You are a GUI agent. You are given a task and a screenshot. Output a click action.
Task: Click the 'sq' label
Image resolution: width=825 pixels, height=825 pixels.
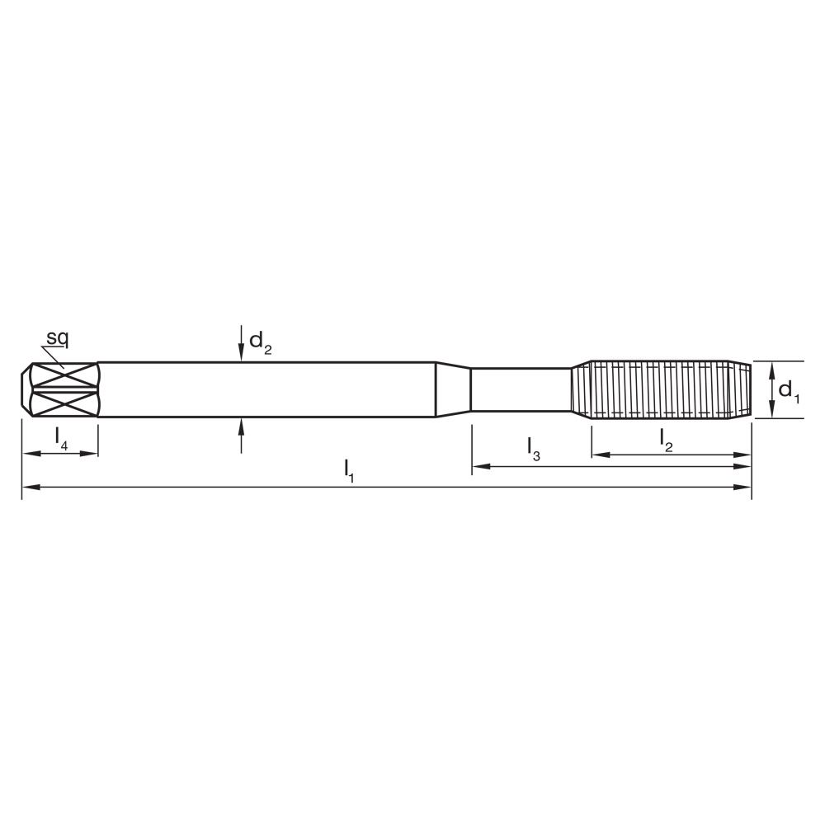(x=57, y=337)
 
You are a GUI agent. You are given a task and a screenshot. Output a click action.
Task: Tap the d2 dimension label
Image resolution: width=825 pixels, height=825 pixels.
(x=259, y=342)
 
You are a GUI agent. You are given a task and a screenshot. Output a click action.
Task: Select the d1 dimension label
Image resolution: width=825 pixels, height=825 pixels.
(x=789, y=390)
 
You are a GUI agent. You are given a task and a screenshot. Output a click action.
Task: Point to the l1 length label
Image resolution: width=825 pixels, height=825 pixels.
(x=349, y=470)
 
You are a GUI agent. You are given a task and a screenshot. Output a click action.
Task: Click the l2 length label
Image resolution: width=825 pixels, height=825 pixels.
(x=667, y=441)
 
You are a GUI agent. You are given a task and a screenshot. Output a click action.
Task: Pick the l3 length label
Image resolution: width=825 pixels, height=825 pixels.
(x=533, y=449)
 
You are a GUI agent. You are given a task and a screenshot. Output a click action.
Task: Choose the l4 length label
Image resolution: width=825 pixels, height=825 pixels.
(x=61, y=437)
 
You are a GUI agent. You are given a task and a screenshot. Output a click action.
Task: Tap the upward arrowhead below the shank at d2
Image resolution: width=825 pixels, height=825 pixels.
(x=241, y=424)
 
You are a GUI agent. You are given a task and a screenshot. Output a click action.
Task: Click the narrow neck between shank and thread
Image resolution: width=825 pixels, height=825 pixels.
(x=520, y=389)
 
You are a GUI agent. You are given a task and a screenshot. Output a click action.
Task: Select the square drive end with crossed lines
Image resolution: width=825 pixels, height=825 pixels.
(x=62, y=389)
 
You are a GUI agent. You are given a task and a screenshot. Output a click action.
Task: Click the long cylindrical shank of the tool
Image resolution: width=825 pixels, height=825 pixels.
(x=264, y=389)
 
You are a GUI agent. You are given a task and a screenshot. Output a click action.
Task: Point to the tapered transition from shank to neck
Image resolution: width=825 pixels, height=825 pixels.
(x=453, y=389)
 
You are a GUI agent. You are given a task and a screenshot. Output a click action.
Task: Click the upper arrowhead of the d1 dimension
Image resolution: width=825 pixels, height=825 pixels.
(x=771, y=368)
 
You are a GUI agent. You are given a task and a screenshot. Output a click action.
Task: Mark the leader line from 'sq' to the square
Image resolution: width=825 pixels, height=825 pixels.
(x=53, y=356)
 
